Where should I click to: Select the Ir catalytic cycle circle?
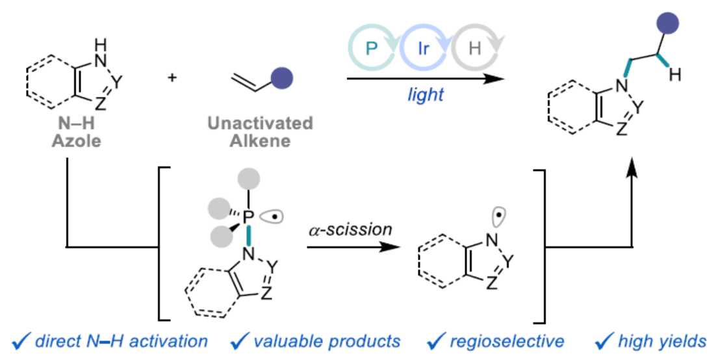423,49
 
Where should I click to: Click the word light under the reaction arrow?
426,95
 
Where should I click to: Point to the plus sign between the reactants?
172,78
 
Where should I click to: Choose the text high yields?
658,341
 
